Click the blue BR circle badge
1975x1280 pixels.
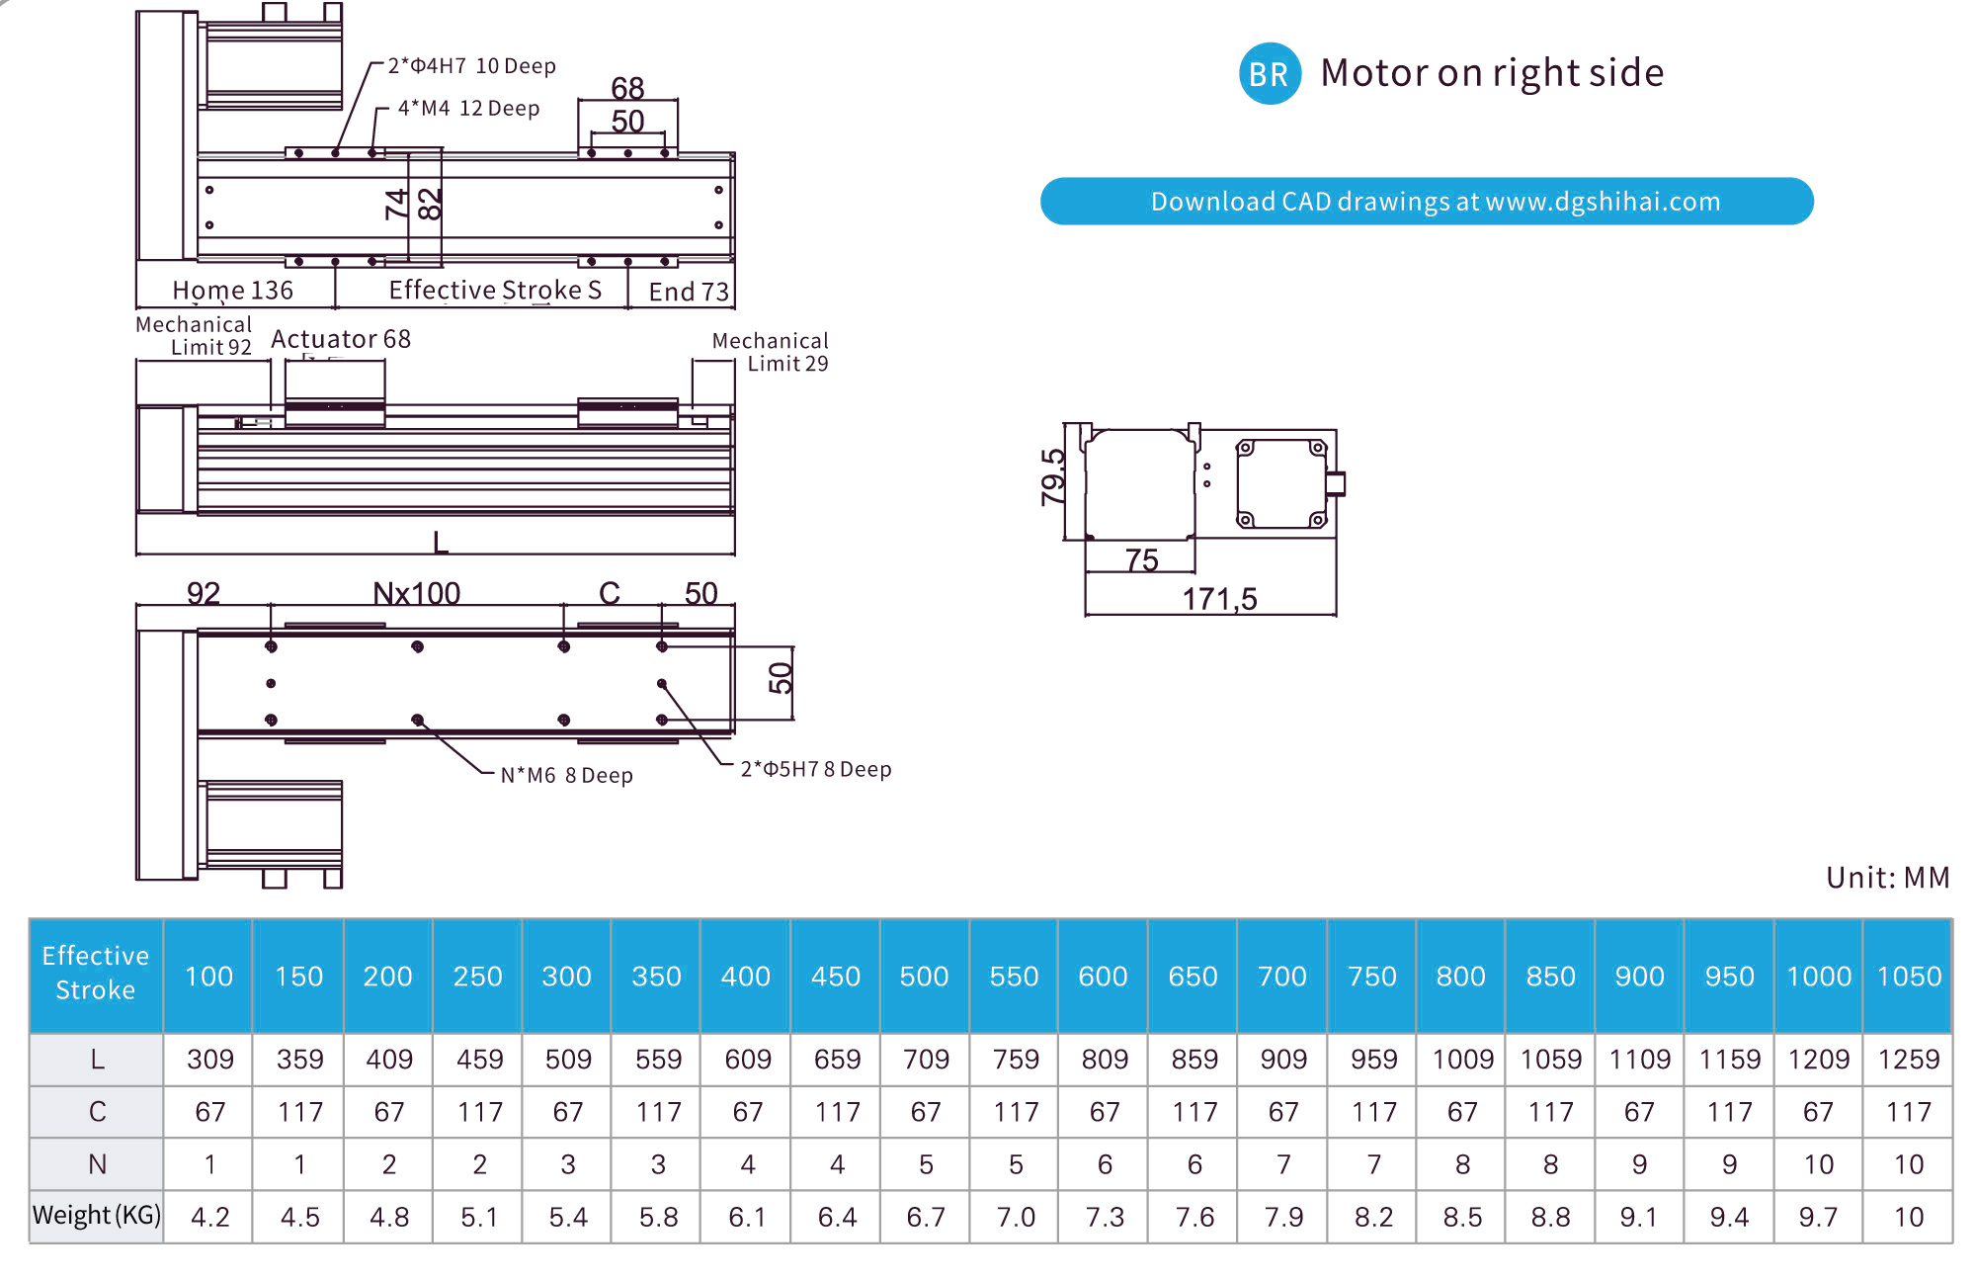[1269, 74]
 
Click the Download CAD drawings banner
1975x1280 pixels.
[1426, 202]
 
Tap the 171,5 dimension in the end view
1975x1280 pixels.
[1219, 599]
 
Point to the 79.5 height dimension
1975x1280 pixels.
[1054, 477]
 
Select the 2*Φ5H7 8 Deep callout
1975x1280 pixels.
[815, 769]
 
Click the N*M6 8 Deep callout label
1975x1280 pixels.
[566, 775]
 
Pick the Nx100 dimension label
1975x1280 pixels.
[416, 593]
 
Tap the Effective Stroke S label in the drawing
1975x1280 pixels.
[495, 290]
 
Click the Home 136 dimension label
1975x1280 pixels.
[232, 291]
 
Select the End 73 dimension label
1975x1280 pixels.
[689, 292]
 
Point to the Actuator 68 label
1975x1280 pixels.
[341, 339]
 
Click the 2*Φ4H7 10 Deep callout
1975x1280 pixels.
[471, 66]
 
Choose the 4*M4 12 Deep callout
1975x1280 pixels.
[468, 109]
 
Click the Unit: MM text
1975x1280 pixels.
[1887, 878]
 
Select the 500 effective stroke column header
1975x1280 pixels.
[924, 977]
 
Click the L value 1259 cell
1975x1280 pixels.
[1908, 1060]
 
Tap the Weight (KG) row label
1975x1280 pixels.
[96, 1215]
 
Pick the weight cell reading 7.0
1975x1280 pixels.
[1015, 1217]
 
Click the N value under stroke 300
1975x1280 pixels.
[567, 1164]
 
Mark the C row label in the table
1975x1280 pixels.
[97, 1112]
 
